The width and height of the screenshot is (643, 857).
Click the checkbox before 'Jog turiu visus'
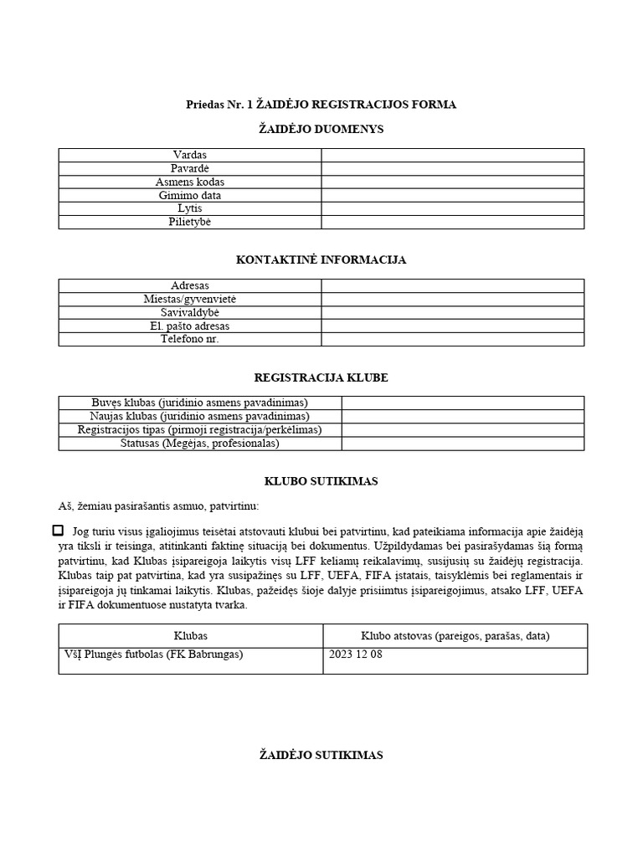(x=58, y=531)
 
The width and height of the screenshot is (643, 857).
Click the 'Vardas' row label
(x=190, y=155)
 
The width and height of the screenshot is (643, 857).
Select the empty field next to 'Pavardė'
(x=452, y=168)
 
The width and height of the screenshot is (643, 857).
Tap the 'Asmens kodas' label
(x=190, y=182)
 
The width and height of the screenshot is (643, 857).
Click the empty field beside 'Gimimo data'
(x=452, y=195)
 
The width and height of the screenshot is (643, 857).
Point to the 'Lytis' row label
(x=190, y=208)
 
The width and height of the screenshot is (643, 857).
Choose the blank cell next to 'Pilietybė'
(x=452, y=222)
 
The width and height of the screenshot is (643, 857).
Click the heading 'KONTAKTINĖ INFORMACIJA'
(x=321, y=260)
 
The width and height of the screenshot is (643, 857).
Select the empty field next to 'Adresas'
(x=452, y=285)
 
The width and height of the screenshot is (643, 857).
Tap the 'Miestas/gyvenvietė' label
(x=190, y=299)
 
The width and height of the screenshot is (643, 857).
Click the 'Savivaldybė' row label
(x=190, y=312)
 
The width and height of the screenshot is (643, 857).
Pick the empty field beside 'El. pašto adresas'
(x=452, y=326)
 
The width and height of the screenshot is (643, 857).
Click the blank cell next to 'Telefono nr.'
(x=452, y=339)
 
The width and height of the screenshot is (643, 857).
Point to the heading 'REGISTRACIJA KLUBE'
(x=321, y=377)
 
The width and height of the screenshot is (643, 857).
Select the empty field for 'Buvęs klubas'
(x=462, y=403)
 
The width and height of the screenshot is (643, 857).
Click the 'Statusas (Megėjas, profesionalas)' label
(x=199, y=443)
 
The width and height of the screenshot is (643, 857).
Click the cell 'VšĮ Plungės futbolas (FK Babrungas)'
(x=153, y=654)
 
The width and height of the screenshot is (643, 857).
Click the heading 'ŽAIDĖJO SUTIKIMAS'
(x=321, y=755)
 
